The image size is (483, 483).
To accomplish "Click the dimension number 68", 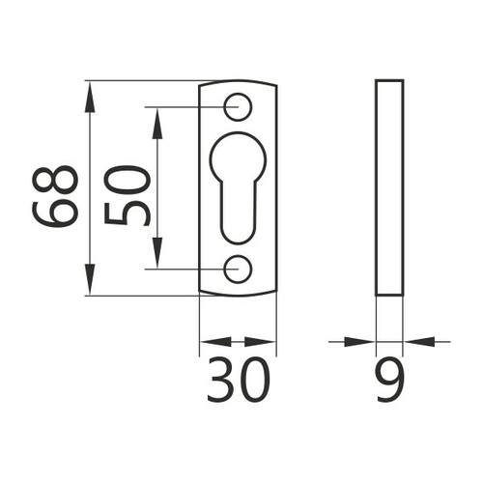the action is click(55, 196).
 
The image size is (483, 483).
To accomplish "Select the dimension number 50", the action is click(128, 196).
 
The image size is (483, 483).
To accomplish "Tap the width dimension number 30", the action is click(238, 380).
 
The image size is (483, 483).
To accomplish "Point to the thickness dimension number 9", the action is click(389, 380).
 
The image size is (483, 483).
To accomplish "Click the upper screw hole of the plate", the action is click(238, 107).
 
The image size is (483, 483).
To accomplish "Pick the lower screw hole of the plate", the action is click(238, 269).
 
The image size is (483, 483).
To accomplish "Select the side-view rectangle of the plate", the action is click(389, 187).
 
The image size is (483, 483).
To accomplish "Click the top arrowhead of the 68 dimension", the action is click(90, 97).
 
